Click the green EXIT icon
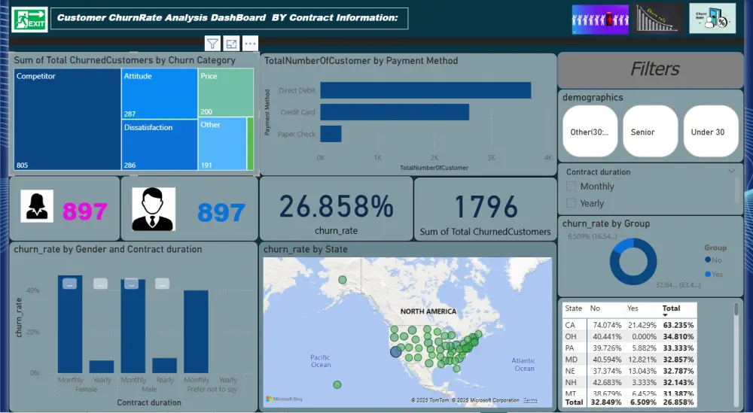point(29,19)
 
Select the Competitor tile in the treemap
point(67,120)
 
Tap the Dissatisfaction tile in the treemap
point(160,144)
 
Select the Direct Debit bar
point(425,90)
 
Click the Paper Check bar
point(331,134)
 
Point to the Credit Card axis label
point(297,112)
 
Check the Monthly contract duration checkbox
point(572,187)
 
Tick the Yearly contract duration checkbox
point(572,203)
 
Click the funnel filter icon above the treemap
point(212,44)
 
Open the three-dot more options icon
point(250,44)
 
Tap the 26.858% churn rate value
point(336,206)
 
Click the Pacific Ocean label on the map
point(320,360)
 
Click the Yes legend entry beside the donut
point(716,274)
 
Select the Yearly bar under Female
point(102,366)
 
